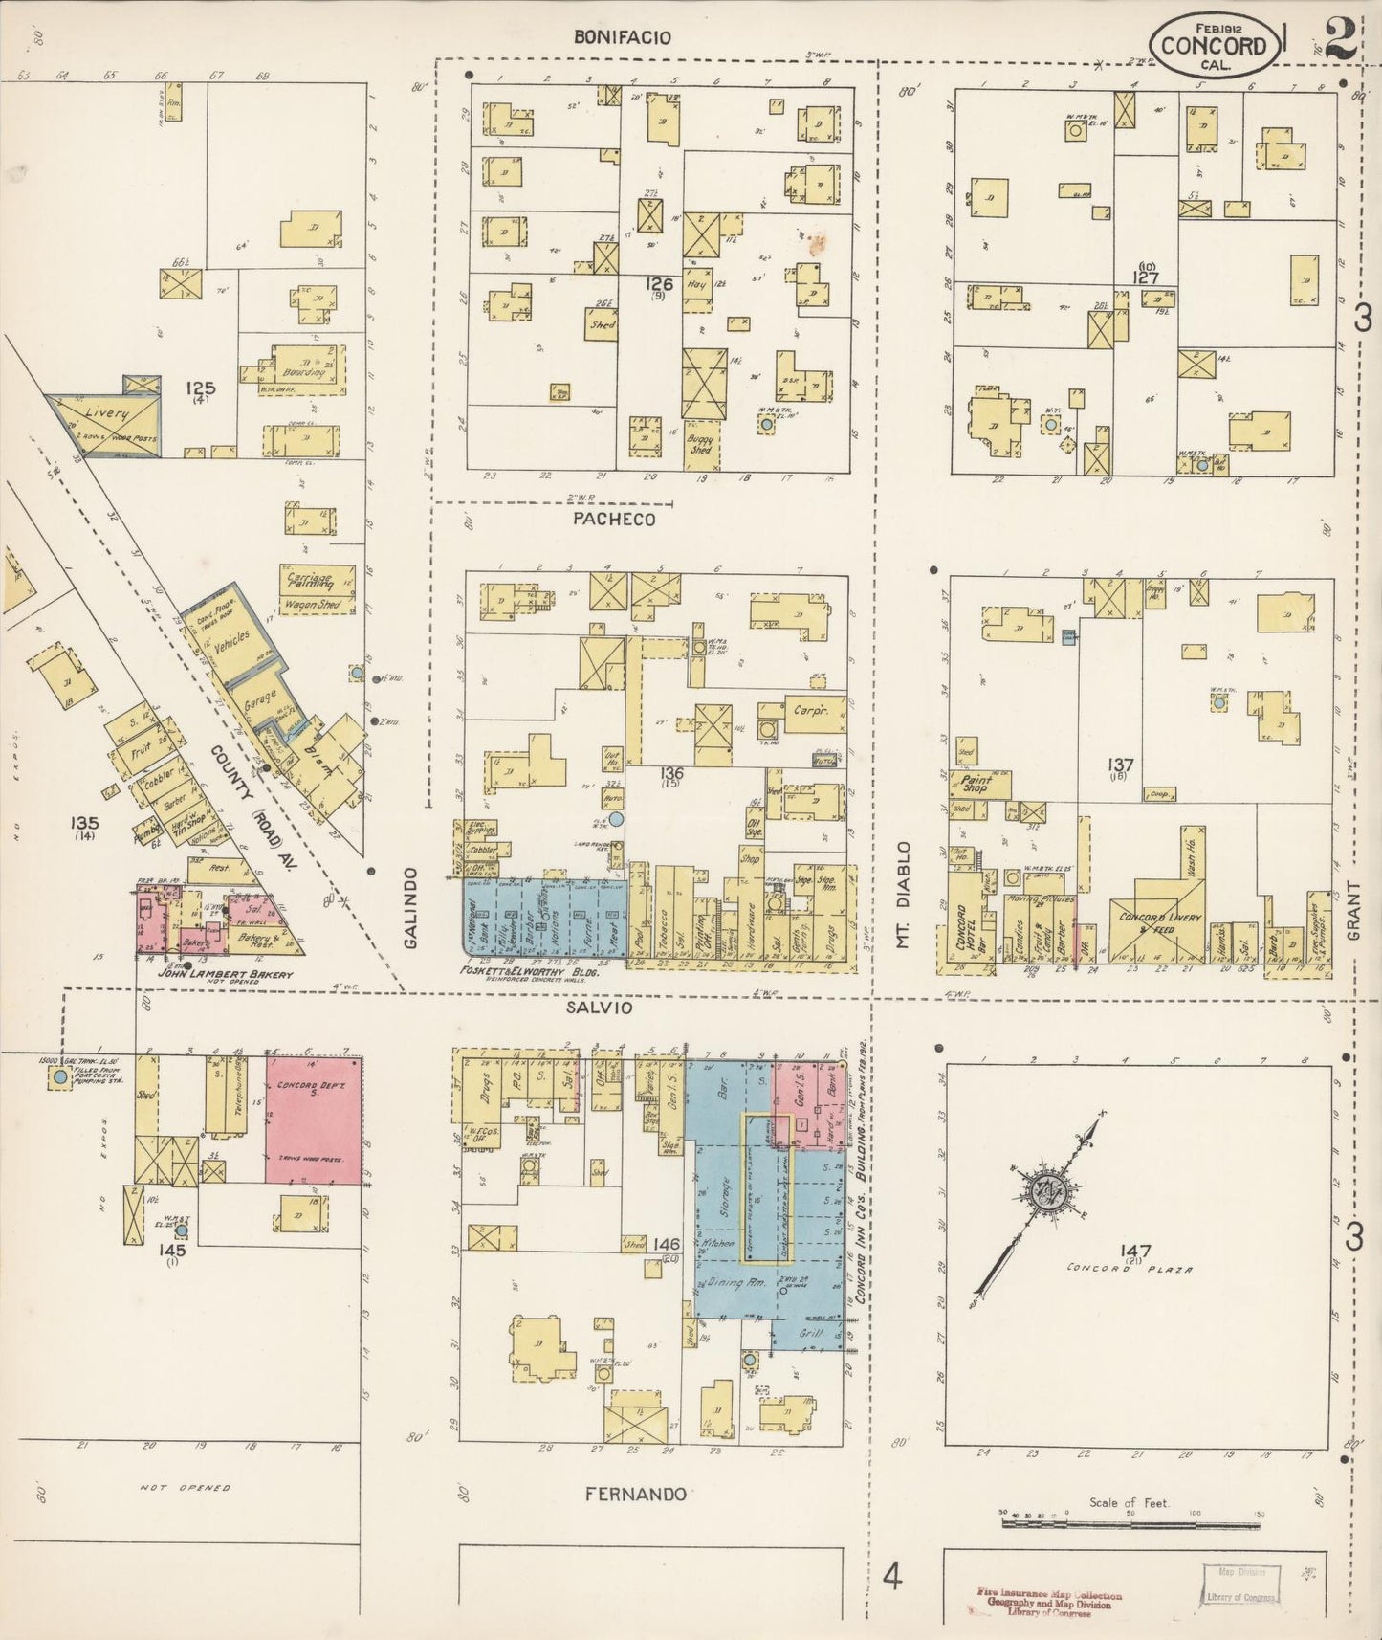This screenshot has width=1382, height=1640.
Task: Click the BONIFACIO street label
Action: point(623,38)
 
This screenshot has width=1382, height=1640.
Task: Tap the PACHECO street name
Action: point(615,520)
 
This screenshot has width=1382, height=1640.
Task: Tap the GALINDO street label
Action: point(411,908)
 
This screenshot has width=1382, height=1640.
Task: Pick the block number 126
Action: point(658,284)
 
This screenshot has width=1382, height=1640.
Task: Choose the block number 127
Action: point(1146,277)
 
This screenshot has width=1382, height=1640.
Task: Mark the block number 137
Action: point(1119,765)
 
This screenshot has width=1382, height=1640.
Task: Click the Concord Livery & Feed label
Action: point(1160,923)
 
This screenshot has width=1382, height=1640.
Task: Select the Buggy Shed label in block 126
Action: point(700,444)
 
